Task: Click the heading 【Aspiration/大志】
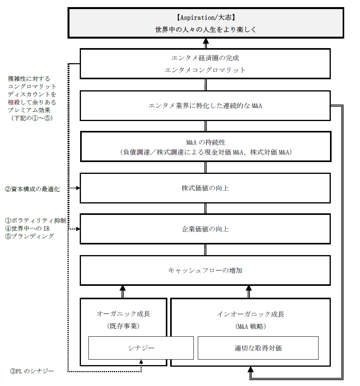pos(205,17)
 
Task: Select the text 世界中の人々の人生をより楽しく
pos(205,30)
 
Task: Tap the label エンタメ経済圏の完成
pos(205,58)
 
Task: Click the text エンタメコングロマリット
pos(205,70)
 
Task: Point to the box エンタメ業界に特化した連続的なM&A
pos(205,106)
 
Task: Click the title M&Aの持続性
pos(205,142)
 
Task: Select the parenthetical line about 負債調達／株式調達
pos(205,152)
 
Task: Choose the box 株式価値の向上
pos(205,188)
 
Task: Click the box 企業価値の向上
pos(205,229)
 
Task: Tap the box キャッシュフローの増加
pos(205,270)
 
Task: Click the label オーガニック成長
pos(124,314)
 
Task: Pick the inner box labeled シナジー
pos(141,348)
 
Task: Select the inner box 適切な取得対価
pos(258,348)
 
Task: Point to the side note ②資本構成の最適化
pos(32,189)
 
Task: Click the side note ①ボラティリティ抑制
pos(35,221)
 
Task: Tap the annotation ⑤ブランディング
pos(29,236)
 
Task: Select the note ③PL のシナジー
pos(32,371)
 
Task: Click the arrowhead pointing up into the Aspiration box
pos(205,41)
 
